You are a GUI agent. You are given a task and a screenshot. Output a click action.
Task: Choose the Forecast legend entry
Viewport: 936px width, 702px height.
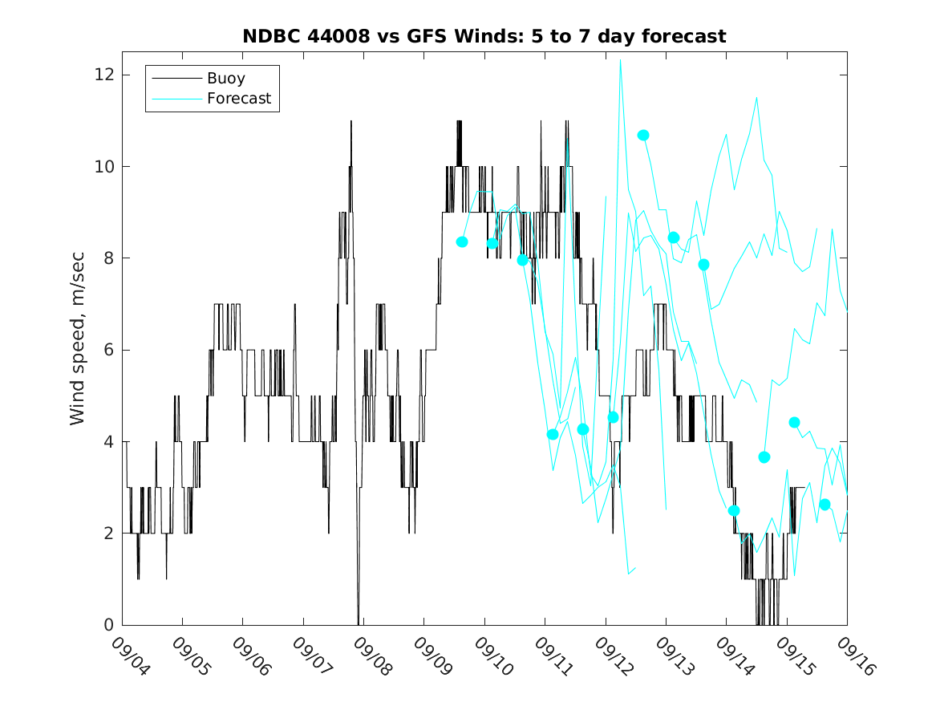pyautogui.click(x=212, y=99)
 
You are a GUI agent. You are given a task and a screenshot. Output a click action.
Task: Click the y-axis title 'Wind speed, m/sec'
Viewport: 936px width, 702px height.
pyautogui.click(x=77, y=339)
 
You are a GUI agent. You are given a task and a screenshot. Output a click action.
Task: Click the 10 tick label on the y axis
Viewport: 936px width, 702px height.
pyautogui.click(x=104, y=167)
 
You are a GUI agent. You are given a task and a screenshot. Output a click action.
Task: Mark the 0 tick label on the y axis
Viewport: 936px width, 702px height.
pyautogui.click(x=108, y=625)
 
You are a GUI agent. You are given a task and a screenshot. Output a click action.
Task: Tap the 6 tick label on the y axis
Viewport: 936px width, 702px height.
pyautogui.click(x=108, y=350)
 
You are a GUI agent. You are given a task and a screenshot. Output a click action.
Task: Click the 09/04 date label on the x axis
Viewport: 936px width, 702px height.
pyautogui.click(x=131, y=656)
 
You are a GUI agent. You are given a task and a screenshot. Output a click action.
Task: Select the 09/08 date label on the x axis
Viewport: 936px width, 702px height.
pyautogui.click(x=372, y=656)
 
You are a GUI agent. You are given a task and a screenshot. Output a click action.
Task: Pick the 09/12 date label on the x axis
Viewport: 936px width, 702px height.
pyautogui.click(x=614, y=656)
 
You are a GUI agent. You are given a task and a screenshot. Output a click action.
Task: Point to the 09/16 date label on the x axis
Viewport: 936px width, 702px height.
pyautogui.click(x=856, y=656)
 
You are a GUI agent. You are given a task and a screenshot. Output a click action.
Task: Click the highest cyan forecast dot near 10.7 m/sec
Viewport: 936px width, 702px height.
pyautogui.click(x=643, y=136)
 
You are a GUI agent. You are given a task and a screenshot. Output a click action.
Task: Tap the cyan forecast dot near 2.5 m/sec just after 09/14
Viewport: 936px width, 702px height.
pyautogui.click(x=734, y=511)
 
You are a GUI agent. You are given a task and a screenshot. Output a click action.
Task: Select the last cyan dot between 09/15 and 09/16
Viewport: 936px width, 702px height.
pyautogui.click(x=825, y=505)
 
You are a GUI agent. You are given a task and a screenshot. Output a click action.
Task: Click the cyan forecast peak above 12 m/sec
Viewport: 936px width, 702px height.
pyautogui.click(x=620, y=59)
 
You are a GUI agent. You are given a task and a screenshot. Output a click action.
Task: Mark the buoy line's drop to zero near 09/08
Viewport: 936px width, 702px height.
pyautogui.click(x=359, y=623)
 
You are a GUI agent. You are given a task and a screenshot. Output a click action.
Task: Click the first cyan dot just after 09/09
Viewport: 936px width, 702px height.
pyautogui.click(x=461, y=241)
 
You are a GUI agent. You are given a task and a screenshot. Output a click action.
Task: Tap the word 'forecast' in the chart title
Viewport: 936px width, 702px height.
pyautogui.click(x=684, y=36)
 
